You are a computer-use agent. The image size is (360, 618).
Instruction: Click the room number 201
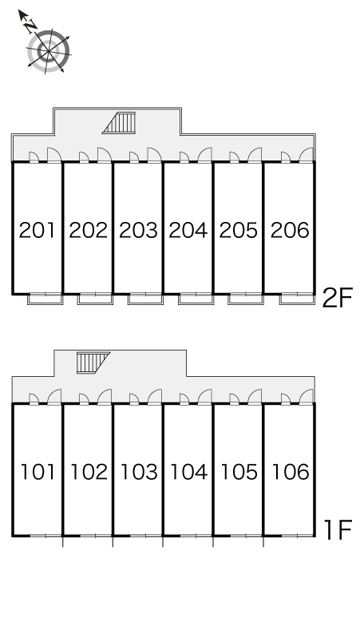(37, 230)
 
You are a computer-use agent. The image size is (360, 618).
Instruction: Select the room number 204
(188, 230)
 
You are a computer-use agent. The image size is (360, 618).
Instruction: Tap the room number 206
(290, 230)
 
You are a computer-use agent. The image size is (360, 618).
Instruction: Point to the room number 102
(89, 472)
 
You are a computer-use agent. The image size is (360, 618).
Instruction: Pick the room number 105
(239, 472)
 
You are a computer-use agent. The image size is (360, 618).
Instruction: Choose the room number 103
(138, 472)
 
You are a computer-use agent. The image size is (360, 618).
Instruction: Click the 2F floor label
(337, 298)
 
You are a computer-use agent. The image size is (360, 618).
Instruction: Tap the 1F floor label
(337, 529)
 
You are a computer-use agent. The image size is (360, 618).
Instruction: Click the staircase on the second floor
(119, 123)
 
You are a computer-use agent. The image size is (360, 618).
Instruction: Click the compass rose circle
(49, 51)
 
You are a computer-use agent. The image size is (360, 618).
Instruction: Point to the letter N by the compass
(30, 26)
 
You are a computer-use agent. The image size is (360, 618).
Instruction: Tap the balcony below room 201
(45, 299)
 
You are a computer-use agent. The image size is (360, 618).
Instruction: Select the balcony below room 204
(196, 299)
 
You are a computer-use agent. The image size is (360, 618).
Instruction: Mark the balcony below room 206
(298, 299)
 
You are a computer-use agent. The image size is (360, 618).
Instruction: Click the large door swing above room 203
(154, 155)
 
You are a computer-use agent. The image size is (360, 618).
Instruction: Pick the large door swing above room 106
(306, 396)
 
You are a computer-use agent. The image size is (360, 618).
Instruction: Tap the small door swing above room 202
(84, 156)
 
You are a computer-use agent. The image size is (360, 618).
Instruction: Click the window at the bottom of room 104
(196, 536)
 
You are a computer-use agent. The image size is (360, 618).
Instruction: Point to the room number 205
(239, 230)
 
